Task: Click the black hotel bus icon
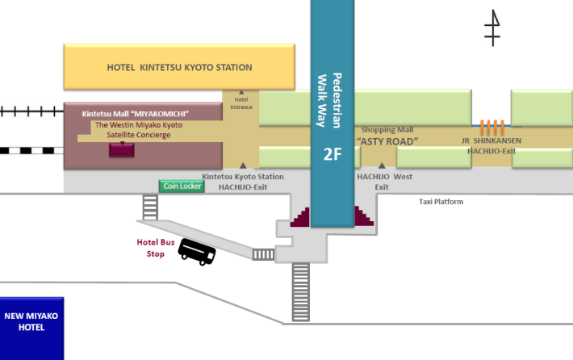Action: [x=197, y=252]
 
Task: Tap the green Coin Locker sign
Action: [x=181, y=186]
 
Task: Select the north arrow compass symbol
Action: [x=492, y=29]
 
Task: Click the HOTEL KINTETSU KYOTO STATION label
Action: [x=179, y=67]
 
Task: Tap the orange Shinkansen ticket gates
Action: [x=492, y=127]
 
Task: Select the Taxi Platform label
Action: [x=441, y=202]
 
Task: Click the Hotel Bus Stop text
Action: [x=151, y=248]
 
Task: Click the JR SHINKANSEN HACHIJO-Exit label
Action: [x=492, y=145]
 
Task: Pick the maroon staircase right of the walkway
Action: [x=361, y=216]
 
